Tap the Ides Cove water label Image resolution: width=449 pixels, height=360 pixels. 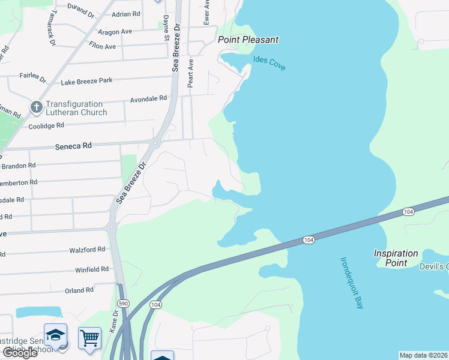point(269,62)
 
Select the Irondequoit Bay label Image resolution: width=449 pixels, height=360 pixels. point(352,283)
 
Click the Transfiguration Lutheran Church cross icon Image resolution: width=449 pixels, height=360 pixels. point(37,108)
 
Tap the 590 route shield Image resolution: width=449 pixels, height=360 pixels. point(123,304)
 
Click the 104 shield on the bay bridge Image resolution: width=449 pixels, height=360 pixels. point(309,240)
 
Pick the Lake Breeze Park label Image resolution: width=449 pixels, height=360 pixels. point(86,80)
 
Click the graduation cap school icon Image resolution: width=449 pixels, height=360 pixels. point(55,335)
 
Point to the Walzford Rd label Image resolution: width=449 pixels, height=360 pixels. point(87,249)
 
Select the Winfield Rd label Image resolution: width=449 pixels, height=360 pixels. point(92,269)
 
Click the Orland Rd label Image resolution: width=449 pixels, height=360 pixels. point(79,290)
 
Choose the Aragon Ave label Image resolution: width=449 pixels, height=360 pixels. point(118,31)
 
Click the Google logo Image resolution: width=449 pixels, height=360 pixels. point(20,353)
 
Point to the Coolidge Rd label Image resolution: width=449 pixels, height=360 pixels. point(46,126)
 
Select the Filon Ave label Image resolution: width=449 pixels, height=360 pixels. point(102,46)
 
